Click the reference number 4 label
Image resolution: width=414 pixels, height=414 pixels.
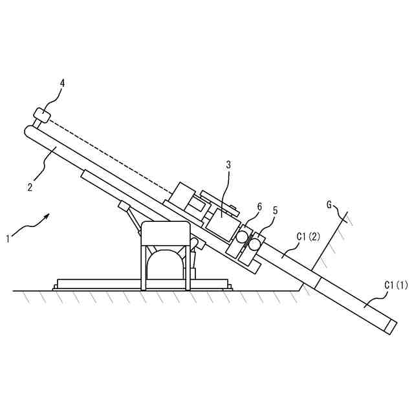62,83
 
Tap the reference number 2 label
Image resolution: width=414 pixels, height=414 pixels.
30,188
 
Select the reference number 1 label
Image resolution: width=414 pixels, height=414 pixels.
8,238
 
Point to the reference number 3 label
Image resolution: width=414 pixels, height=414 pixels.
228,165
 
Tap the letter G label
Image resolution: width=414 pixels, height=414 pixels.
329,206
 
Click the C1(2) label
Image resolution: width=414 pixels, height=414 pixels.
308,237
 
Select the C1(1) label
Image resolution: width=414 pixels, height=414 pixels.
396,284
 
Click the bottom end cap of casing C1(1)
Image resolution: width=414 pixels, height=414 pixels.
390,326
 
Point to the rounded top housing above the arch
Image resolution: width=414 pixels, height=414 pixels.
166,230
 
